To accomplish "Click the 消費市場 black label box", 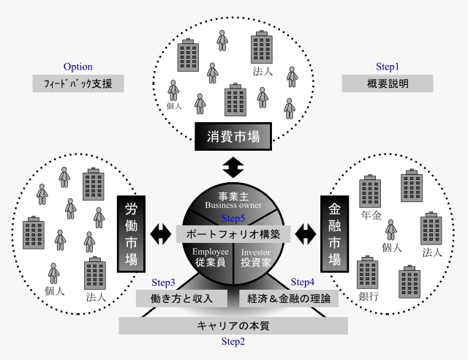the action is pyautogui.click(x=233, y=136).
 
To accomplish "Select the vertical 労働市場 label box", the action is pyautogui.click(x=132, y=234).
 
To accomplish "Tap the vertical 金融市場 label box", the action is pyautogui.click(x=335, y=234).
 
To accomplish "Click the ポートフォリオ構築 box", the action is pyautogui.click(x=233, y=234).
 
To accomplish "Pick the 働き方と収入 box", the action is pyautogui.click(x=181, y=299).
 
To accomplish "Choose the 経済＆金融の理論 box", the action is pyautogui.click(x=289, y=299).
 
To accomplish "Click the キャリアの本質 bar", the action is pyautogui.click(x=233, y=326).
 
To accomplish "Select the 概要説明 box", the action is pyautogui.click(x=388, y=83).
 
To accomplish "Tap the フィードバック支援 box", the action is pyautogui.click(x=78, y=83).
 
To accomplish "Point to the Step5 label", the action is pyautogui.click(x=233, y=218).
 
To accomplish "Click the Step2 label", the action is pyautogui.click(x=233, y=342).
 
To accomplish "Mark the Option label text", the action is pyautogui.click(x=78, y=67).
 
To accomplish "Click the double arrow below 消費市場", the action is pyautogui.click(x=233, y=168).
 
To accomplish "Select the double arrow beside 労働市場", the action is pyautogui.click(x=161, y=234).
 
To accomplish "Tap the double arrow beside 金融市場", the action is pyautogui.click(x=306, y=234).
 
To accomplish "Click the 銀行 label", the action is pyautogui.click(x=369, y=296).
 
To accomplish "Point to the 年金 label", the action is pyautogui.click(x=371, y=215).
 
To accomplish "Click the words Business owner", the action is pyautogui.click(x=233, y=206).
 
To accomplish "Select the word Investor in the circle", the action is pyautogui.click(x=256, y=252).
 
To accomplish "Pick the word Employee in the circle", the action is pyautogui.click(x=211, y=252).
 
